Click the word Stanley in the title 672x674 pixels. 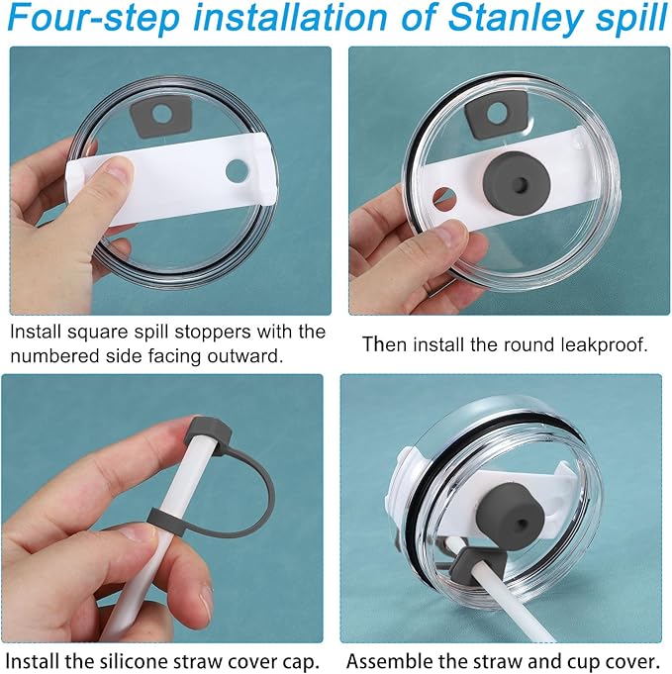(513, 19)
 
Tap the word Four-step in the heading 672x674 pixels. (93, 17)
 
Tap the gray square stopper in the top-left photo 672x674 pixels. (160, 118)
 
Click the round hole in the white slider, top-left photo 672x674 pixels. (237, 170)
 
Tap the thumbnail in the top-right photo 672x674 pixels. (451, 234)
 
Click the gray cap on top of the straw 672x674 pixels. (209, 434)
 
